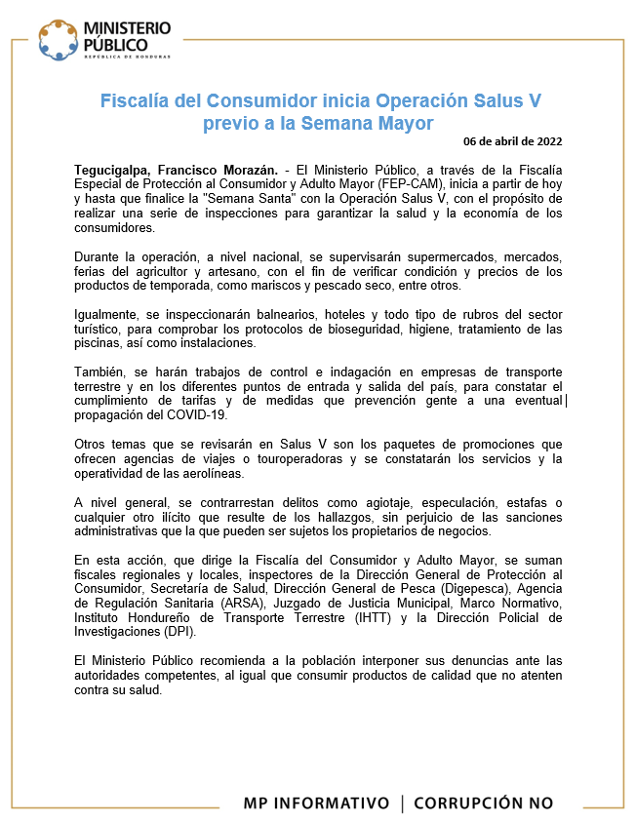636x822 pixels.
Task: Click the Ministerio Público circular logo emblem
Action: [58, 38]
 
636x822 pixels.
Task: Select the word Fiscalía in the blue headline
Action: [136, 101]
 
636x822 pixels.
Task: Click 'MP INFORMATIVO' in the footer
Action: [316, 803]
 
